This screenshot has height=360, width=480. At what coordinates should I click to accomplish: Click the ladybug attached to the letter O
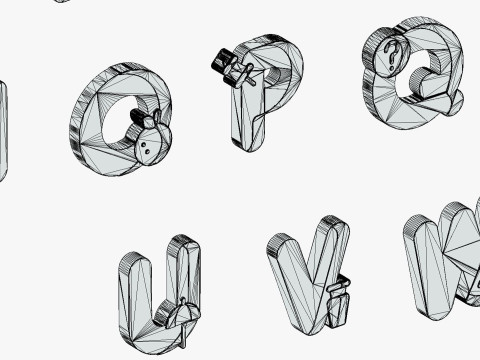point(152,140)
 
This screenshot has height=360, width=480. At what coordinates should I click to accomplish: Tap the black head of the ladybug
point(138,117)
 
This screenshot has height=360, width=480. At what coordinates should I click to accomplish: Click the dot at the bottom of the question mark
point(391,68)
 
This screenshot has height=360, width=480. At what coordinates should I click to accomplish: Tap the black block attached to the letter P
point(223,65)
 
